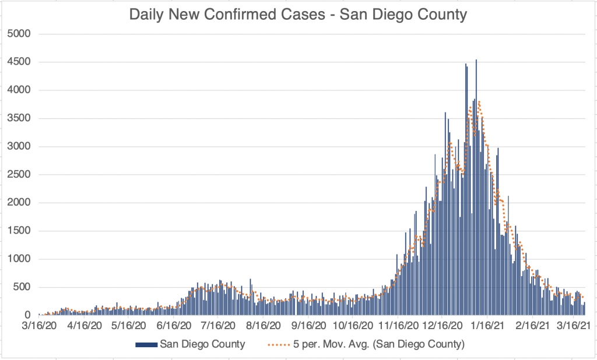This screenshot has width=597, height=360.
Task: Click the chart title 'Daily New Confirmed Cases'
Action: pos(298,15)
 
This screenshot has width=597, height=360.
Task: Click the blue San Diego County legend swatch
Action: pos(146,344)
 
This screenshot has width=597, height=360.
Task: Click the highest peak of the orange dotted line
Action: pos(479,101)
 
